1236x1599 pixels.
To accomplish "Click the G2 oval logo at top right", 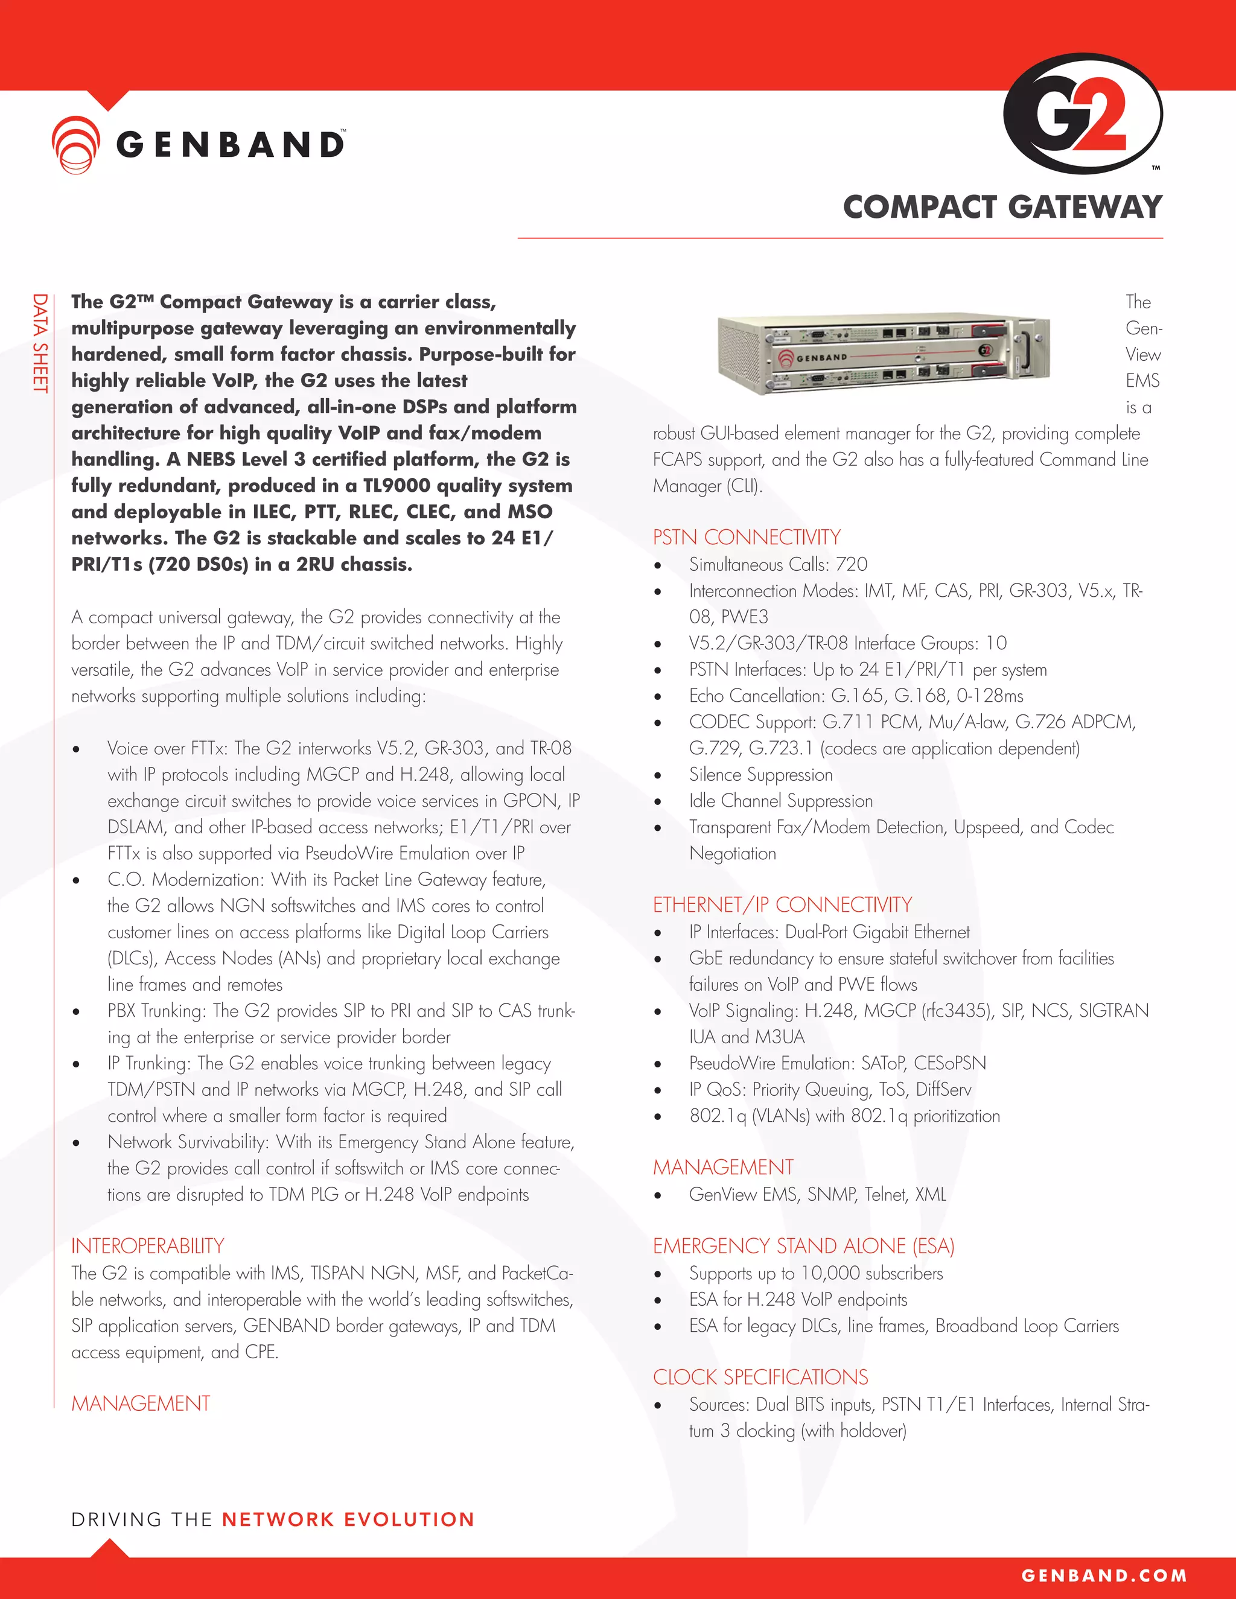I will coord(1082,114).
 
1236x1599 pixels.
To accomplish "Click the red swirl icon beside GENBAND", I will coord(75,144).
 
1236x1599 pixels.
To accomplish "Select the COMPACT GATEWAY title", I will coord(1002,207).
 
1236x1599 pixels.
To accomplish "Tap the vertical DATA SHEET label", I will coord(40,343).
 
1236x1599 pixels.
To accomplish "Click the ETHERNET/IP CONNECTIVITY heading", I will coord(782,904).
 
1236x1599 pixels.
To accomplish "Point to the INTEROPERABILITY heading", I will coord(147,1245).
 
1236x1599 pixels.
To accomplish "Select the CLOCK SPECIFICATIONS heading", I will coord(760,1376).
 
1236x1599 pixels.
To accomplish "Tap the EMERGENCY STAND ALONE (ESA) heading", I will coord(803,1245).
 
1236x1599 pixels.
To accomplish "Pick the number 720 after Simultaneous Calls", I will coord(852,565).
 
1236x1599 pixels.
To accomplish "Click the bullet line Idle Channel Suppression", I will coord(780,801).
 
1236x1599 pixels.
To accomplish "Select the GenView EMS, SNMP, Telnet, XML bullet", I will coord(817,1194).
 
